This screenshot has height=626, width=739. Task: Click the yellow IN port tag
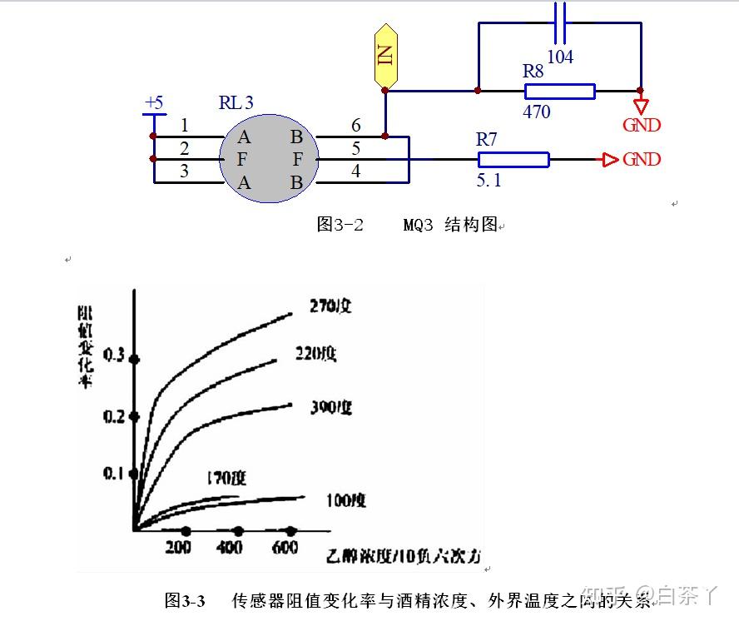[384, 56]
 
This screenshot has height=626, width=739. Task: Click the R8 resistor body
[558, 91]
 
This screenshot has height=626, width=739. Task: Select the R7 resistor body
[513, 160]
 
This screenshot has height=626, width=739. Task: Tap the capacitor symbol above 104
[560, 23]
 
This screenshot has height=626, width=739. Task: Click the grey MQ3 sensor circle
[269, 158]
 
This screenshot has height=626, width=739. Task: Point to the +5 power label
[154, 103]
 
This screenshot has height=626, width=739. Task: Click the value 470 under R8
[537, 112]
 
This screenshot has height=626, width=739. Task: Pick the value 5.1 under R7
[488, 180]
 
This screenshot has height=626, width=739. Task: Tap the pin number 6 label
[356, 126]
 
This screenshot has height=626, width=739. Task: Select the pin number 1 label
[184, 126]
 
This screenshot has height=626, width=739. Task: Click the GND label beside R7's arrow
[642, 159]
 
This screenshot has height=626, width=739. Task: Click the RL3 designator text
[236, 103]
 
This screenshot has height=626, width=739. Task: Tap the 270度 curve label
[330, 306]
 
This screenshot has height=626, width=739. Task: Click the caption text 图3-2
[340, 225]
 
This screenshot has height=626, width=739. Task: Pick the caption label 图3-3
[185, 600]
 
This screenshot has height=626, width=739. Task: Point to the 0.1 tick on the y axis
[113, 473]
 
